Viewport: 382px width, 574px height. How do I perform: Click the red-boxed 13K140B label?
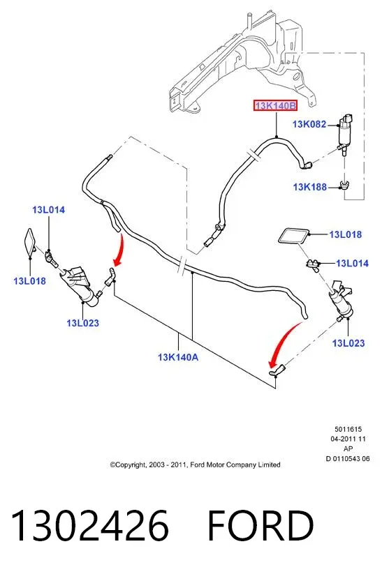click(x=275, y=106)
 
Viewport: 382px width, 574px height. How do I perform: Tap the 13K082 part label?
click(x=309, y=124)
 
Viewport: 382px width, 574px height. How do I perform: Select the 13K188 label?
click(x=310, y=187)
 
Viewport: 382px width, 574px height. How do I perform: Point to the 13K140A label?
click(x=178, y=357)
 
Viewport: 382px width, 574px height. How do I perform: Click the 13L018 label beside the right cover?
click(x=346, y=234)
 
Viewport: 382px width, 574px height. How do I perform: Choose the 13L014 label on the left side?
click(x=48, y=210)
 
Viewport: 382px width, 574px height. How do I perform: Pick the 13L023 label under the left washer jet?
click(x=83, y=323)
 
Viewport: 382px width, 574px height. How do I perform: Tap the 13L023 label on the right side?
click(x=348, y=343)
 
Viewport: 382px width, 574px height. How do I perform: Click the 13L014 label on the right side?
click(x=352, y=263)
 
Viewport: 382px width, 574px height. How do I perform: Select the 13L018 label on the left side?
click(x=30, y=281)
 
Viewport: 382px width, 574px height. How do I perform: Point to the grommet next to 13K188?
click(x=344, y=186)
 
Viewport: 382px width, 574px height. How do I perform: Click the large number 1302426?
click(x=90, y=525)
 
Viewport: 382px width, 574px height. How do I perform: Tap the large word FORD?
click(x=260, y=525)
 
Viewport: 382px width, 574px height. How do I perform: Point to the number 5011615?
click(x=348, y=430)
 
